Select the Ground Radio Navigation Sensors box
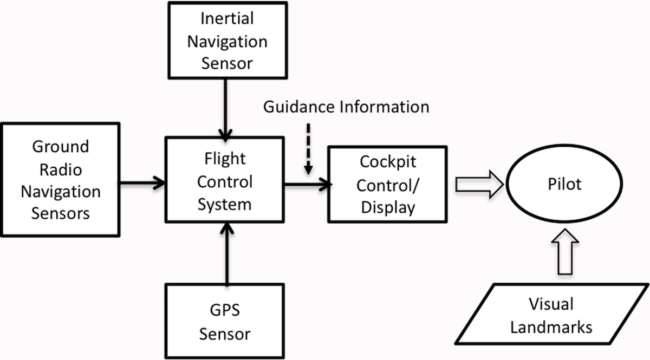tap(60, 179)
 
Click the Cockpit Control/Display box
tap(387, 184)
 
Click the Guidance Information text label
tap(346, 107)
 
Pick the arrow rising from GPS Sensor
tap(226, 254)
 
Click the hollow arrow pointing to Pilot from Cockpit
tap(479, 185)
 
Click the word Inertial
tap(227, 19)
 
